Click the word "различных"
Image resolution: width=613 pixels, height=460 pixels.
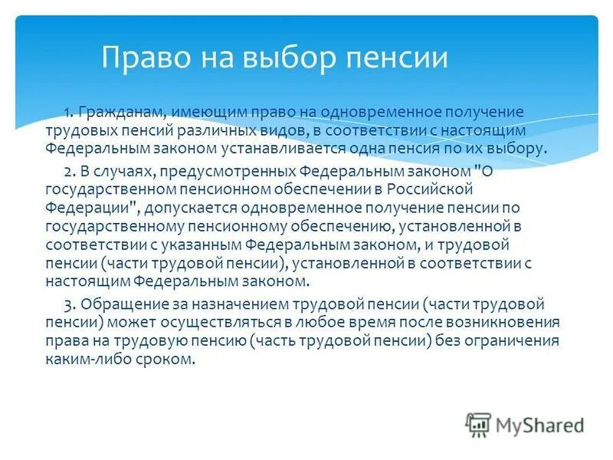[214, 131]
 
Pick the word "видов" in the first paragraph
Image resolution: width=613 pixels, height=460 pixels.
[282, 131]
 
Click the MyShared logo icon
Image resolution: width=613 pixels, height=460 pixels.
[478, 424]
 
